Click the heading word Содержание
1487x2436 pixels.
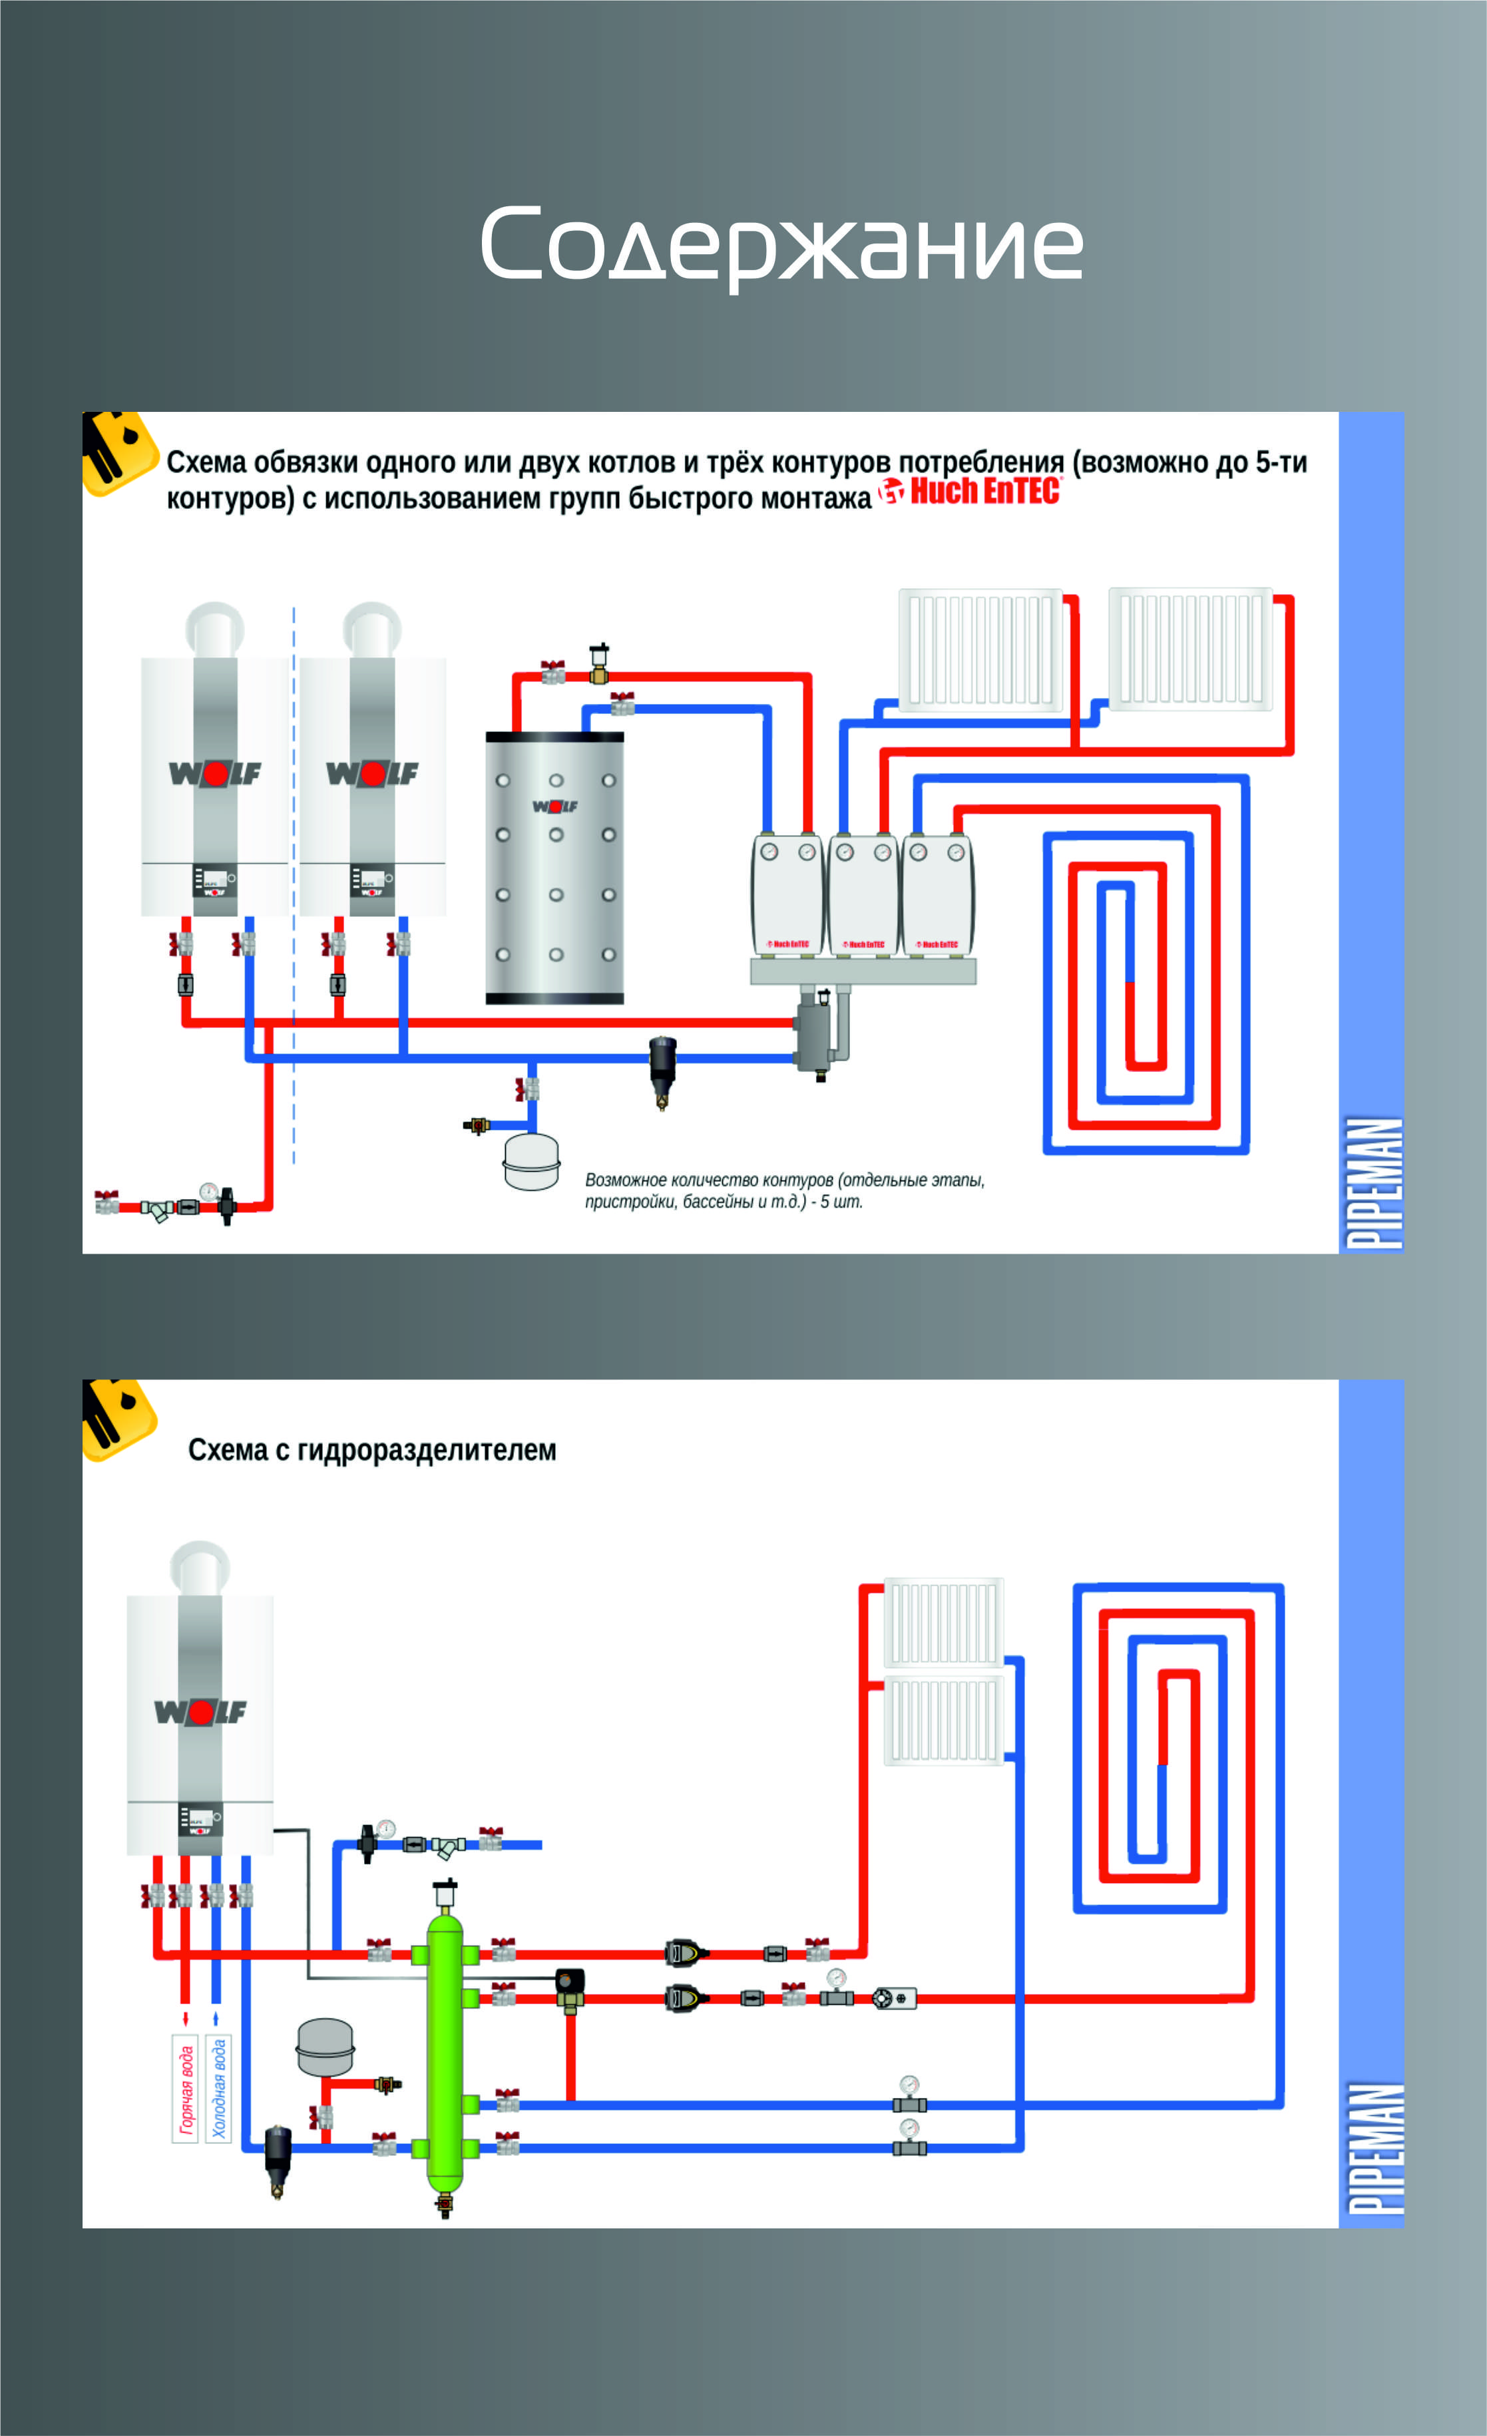click(781, 244)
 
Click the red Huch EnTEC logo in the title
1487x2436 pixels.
click(971, 491)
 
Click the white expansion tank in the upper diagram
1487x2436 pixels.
click(531, 1160)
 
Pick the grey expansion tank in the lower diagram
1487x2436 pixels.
click(325, 2047)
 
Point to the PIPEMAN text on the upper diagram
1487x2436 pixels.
click(1373, 1182)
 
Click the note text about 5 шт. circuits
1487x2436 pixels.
click(784, 1190)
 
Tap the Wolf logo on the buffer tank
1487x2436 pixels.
click(554, 806)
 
